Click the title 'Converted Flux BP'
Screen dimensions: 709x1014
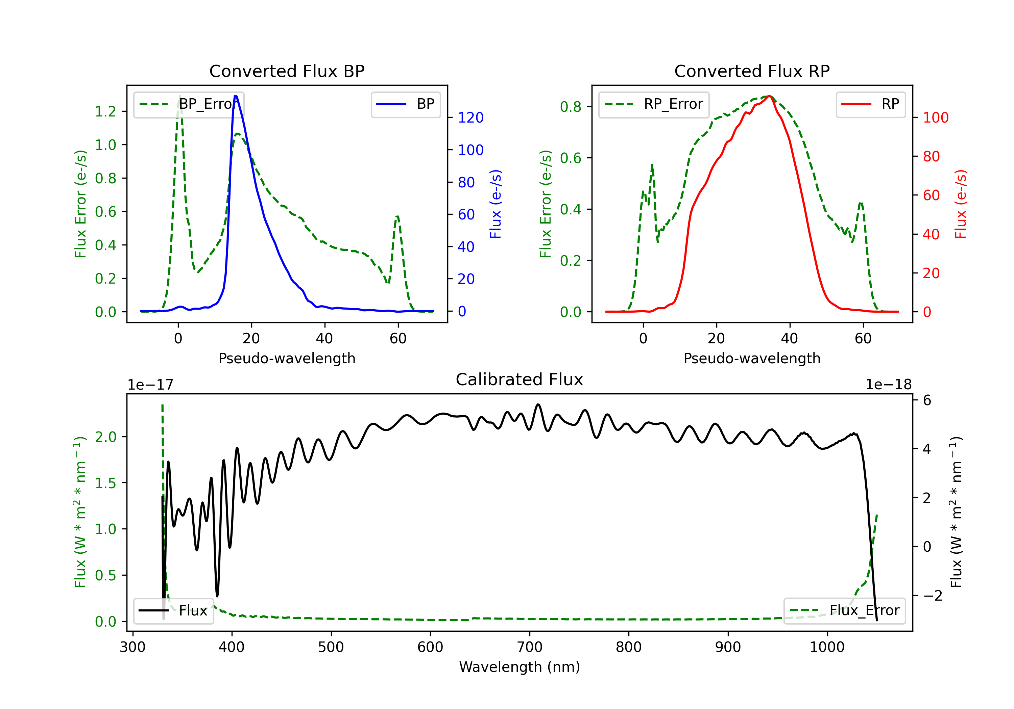click(x=287, y=71)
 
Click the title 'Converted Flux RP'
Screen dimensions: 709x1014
click(x=752, y=71)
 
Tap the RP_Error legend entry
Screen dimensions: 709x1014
click(x=654, y=104)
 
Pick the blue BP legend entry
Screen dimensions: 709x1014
click(x=405, y=104)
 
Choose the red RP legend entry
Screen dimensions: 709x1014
click(x=870, y=104)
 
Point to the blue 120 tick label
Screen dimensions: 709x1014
click(x=470, y=117)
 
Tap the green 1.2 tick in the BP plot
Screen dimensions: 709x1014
click(x=105, y=111)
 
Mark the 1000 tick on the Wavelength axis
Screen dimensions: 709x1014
click(x=827, y=647)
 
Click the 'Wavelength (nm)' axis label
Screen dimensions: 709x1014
click(x=520, y=667)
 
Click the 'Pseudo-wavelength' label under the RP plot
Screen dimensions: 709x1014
click(x=752, y=358)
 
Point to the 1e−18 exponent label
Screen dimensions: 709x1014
click(x=888, y=385)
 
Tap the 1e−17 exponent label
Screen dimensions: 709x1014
click(x=151, y=385)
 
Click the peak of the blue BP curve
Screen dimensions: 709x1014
click(x=235, y=96)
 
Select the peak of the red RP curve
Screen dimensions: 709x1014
click(x=769, y=96)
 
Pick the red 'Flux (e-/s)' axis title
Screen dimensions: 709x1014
click(x=961, y=204)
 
